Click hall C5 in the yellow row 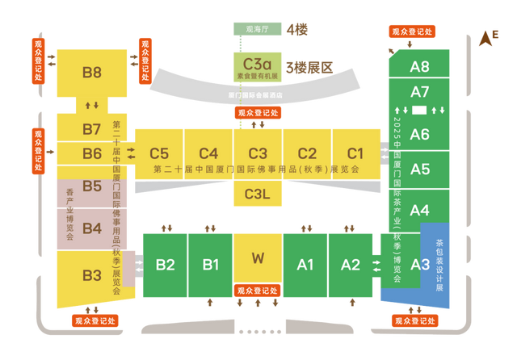[x=159, y=153]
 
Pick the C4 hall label [x=208, y=153]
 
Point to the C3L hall [x=258, y=194]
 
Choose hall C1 [x=355, y=153]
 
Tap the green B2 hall [x=166, y=264]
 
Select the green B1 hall [x=211, y=264]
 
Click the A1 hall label [x=305, y=264]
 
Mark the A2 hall [x=350, y=264]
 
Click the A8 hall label [x=419, y=66]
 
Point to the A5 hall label [x=420, y=170]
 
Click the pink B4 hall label [x=92, y=228]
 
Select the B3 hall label [x=92, y=275]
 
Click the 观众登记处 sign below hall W [x=258, y=291]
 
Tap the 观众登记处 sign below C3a [x=258, y=114]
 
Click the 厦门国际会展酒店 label [x=258, y=94]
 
